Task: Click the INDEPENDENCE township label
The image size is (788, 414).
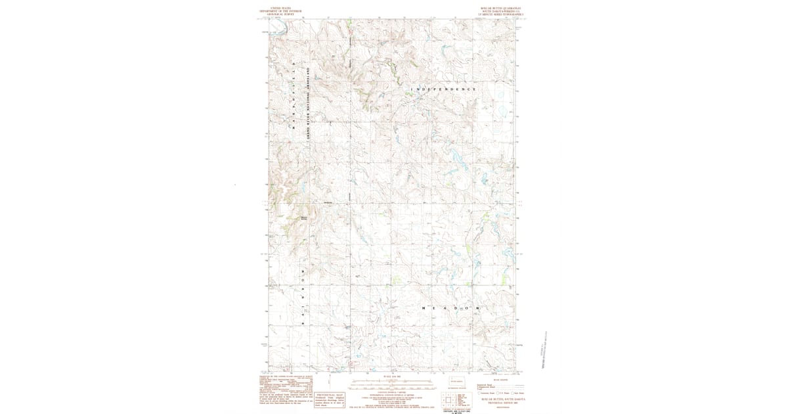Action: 443,89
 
